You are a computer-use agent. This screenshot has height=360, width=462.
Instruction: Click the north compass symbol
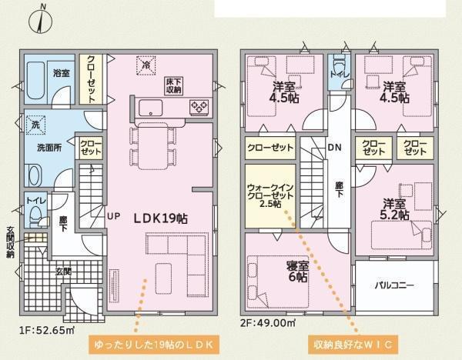[x=41, y=20]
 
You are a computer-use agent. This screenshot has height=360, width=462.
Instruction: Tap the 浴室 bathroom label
[x=62, y=73]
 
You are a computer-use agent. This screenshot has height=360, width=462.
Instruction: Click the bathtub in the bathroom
[x=35, y=80]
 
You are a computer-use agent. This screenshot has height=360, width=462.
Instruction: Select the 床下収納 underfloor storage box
[x=173, y=86]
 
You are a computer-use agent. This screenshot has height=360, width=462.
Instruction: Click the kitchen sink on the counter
[x=151, y=108]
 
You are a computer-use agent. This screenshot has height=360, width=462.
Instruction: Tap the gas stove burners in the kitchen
[x=199, y=107]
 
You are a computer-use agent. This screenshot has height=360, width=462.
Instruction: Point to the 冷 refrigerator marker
[x=146, y=65]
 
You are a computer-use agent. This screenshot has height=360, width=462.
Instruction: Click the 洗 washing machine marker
[x=35, y=125]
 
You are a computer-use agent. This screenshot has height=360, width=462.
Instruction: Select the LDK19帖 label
[x=161, y=218]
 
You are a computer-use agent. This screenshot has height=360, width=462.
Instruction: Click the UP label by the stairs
[x=113, y=216]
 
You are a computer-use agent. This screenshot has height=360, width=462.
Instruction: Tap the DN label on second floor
[x=335, y=147]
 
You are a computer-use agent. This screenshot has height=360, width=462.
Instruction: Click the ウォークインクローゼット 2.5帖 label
[x=270, y=195]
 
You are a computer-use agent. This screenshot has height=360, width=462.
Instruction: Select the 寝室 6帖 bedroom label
[x=297, y=271]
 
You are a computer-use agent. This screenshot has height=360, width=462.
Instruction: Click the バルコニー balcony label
[x=394, y=285]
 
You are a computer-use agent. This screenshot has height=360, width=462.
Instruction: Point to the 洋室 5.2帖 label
[x=394, y=209]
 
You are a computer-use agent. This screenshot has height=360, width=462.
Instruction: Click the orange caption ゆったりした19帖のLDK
[x=153, y=345]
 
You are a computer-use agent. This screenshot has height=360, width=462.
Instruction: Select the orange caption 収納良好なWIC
[x=353, y=345]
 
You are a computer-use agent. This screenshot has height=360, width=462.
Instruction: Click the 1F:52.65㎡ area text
[x=46, y=330]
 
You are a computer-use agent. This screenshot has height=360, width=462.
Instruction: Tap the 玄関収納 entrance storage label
[x=10, y=242]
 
